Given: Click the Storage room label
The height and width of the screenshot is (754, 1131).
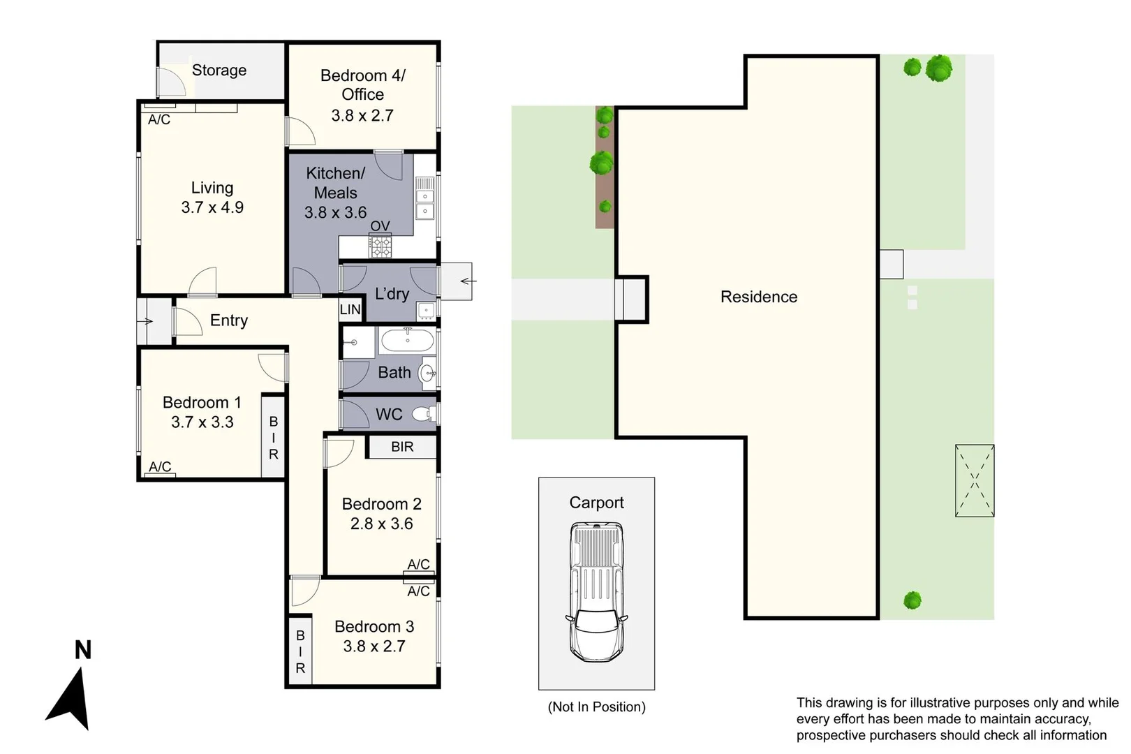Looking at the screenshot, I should click(x=219, y=70).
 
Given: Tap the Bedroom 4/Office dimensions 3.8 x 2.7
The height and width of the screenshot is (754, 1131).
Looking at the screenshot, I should click(x=362, y=116).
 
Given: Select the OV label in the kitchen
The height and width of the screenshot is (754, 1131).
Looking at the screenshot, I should click(x=380, y=226).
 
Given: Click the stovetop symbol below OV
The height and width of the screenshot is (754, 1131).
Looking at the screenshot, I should click(x=380, y=246).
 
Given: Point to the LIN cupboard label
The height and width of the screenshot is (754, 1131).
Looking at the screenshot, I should click(x=350, y=309).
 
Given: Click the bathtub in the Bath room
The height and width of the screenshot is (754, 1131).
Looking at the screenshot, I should click(x=407, y=341).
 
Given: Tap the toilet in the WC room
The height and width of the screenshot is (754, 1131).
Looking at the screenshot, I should click(x=422, y=414).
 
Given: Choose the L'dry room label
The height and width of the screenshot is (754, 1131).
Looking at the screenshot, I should click(x=392, y=294).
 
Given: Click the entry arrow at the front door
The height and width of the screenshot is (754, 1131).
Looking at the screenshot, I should click(x=145, y=321).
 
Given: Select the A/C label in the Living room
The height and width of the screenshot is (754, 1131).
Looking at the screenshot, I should click(x=159, y=119).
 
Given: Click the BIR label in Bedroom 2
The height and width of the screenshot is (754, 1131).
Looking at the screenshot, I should click(x=402, y=447).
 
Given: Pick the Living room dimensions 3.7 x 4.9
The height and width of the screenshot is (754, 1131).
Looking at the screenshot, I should click(x=212, y=207).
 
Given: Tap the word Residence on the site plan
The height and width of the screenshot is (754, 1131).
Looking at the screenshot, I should click(x=759, y=297).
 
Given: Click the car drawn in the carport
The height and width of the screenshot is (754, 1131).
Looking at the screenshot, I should click(x=596, y=592).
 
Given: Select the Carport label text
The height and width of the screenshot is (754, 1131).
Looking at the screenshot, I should click(x=596, y=503).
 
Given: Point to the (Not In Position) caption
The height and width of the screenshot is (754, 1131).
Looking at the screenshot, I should click(x=596, y=707).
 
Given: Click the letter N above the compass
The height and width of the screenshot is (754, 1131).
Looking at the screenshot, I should click(x=83, y=650).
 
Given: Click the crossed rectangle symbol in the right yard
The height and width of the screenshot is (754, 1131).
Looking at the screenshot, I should click(x=975, y=480).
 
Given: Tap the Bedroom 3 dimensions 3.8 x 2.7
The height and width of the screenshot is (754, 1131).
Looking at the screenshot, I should click(x=374, y=646).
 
